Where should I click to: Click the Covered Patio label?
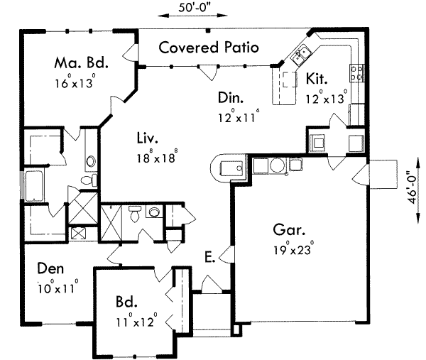208,48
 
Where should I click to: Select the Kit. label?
316,78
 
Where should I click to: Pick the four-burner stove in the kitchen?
358,71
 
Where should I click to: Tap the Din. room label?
231,98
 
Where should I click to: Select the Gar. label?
290,230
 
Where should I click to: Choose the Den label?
51,269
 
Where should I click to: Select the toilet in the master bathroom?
87,181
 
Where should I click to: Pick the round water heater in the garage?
278,165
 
